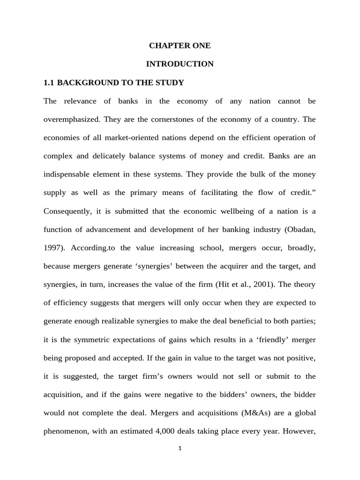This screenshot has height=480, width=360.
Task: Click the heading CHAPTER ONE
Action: (x=180, y=45)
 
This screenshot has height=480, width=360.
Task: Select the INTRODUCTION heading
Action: (x=180, y=64)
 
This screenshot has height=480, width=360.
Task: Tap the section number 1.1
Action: (x=49, y=82)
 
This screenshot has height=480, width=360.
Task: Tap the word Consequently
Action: (x=67, y=211)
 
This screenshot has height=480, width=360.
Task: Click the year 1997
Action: (x=52, y=247)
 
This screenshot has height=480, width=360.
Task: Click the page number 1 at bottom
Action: (x=180, y=448)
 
